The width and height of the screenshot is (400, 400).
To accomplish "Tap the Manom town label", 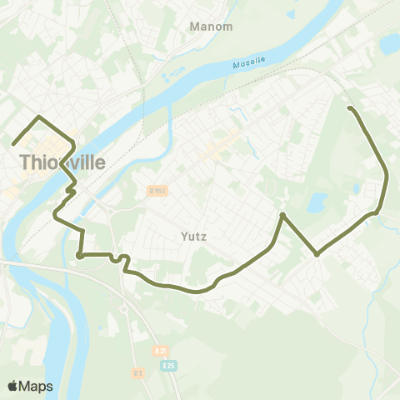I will [211, 27].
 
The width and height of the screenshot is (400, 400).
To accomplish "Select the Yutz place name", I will [193, 236].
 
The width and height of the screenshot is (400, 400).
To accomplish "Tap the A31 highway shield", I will [161, 350].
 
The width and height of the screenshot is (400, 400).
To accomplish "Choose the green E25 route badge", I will [172, 366].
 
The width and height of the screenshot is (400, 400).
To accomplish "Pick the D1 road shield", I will [137, 373].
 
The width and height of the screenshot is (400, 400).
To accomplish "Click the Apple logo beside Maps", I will [13, 386].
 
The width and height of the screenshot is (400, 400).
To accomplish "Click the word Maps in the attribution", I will [37, 386].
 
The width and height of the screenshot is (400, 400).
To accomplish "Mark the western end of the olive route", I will [14, 143].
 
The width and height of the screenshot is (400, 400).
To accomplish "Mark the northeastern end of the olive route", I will [350, 108].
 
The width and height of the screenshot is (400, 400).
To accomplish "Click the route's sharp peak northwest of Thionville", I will [39, 117].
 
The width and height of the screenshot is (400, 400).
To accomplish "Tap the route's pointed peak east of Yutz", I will [283, 215].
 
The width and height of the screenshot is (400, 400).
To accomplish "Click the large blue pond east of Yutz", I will [317, 202].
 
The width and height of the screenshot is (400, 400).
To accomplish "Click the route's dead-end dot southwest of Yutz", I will [80, 256].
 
